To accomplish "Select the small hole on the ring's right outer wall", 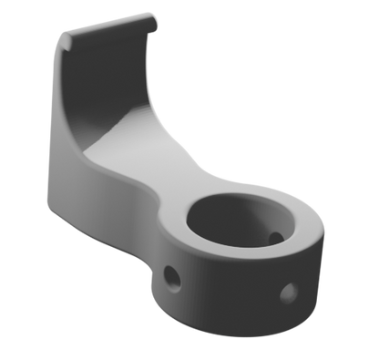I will pyautogui.click(x=289, y=293).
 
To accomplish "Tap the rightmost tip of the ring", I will pyautogui.click(x=327, y=239).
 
